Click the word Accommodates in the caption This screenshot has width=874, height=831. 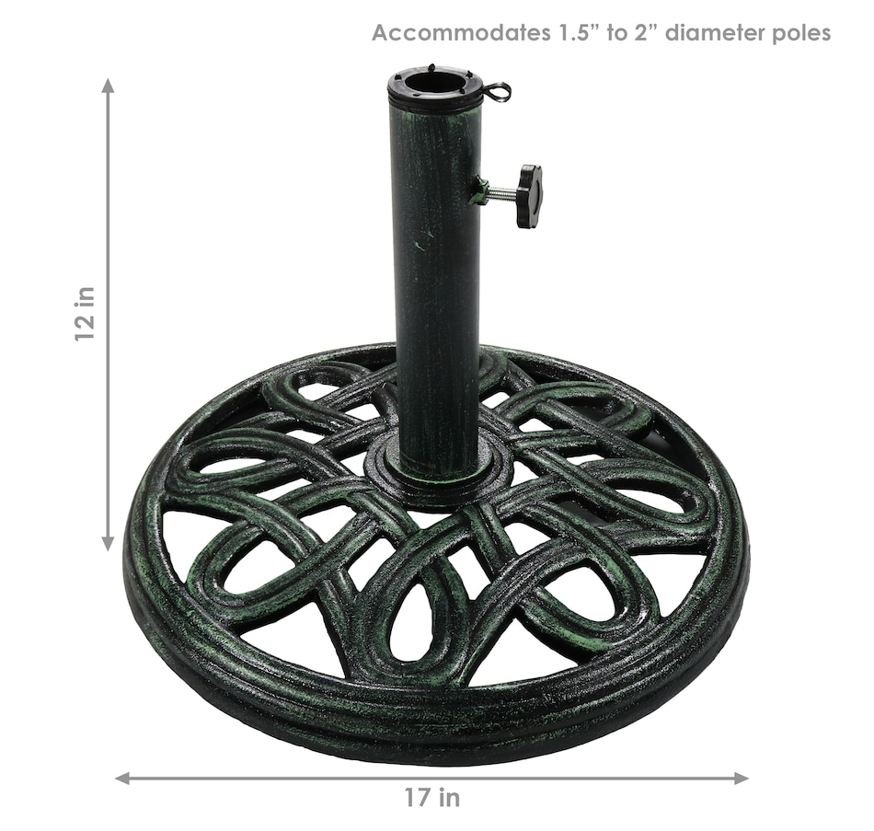tap(460, 33)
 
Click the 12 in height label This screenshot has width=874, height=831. tap(86, 315)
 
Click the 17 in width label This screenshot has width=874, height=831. tap(432, 798)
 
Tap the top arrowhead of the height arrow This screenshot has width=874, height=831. tap(109, 86)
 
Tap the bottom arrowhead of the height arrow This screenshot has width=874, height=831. tap(109, 543)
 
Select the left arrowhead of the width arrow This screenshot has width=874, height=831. tap(122, 778)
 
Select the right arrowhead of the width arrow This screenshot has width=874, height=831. tap(741, 778)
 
